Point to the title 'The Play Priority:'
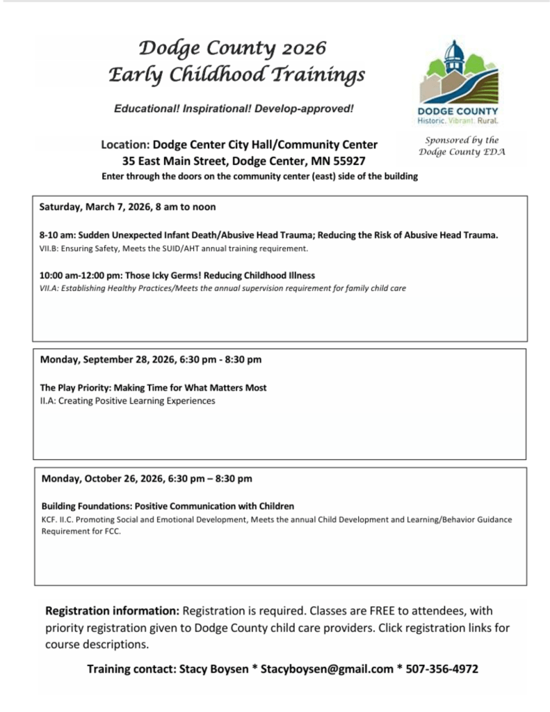click(x=76, y=388)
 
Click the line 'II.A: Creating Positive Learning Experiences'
click(x=127, y=401)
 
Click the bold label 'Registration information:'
click(x=112, y=611)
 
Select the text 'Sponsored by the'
click(x=462, y=140)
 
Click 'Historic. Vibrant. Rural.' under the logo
click(x=458, y=121)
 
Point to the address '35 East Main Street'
click(x=176, y=161)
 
